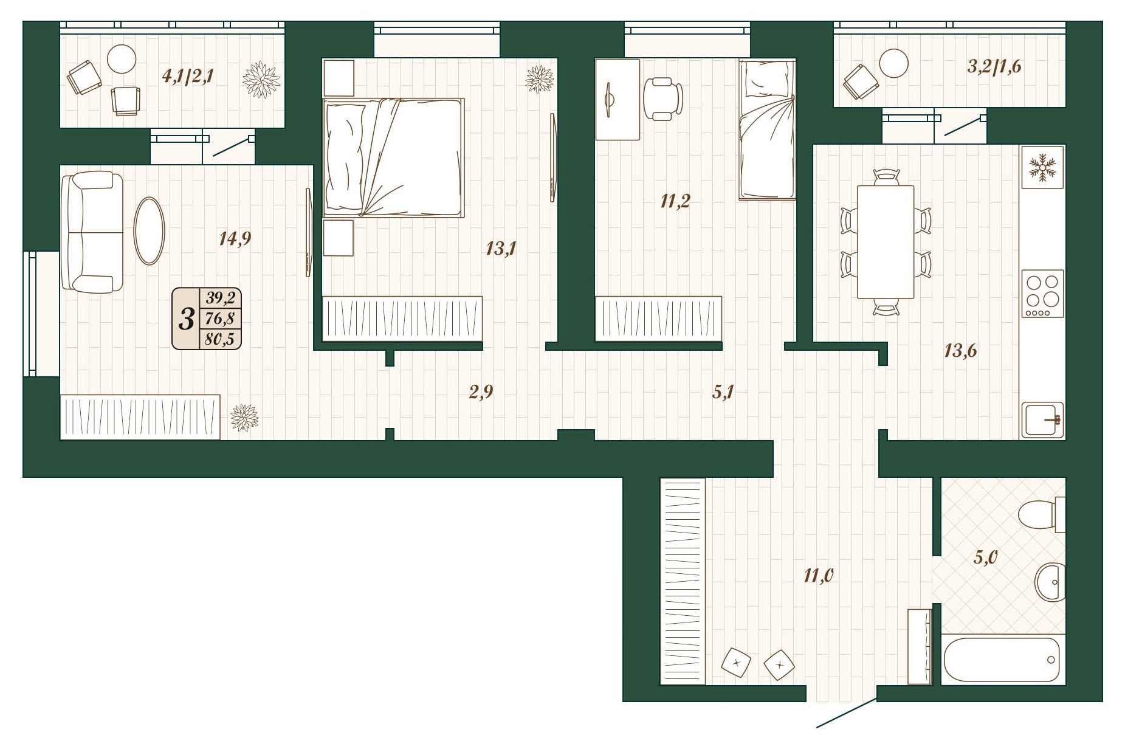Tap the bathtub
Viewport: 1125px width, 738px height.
(x=1002, y=660)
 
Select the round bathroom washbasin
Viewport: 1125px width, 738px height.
(x=1050, y=582)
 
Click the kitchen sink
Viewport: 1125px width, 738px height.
(x=1042, y=419)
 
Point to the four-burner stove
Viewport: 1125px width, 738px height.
(x=1042, y=294)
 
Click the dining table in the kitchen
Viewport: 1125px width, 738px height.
(x=885, y=241)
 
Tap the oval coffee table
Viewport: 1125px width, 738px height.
(x=149, y=230)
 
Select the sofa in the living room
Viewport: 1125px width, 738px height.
(x=92, y=232)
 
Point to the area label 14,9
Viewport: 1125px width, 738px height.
(x=235, y=239)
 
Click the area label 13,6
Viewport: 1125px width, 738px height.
(x=960, y=351)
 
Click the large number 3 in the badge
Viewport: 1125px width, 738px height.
(x=187, y=318)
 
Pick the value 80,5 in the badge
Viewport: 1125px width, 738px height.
(x=219, y=339)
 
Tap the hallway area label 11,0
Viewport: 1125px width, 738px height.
(x=819, y=575)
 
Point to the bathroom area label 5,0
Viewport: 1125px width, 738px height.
(x=986, y=556)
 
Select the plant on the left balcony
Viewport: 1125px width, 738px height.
(x=261, y=79)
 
